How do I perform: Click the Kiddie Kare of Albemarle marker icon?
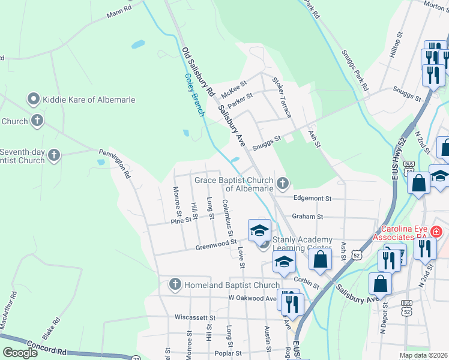(34, 99)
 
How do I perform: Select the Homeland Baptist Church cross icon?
(175, 283)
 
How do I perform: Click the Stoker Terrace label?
(282, 97)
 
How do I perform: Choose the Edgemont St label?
(312, 198)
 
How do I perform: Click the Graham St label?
(307, 216)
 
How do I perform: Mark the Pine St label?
(181, 220)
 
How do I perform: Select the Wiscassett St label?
(194, 316)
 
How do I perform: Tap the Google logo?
(20, 353)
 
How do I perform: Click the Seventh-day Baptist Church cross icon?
(55, 156)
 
